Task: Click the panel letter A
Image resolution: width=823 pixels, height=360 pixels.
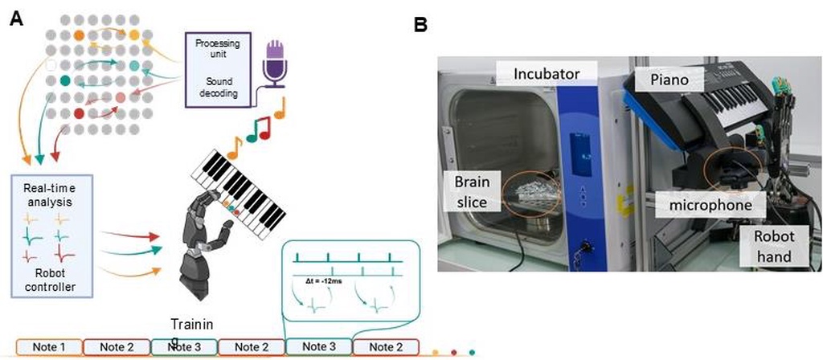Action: pyautogui.click(x=16, y=19)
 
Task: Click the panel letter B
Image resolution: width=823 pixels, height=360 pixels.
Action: pyautogui.click(x=420, y=25)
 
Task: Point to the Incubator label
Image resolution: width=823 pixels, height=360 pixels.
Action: pyautogui.click(x=546, y=73)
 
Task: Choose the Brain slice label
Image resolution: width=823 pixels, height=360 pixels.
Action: pyautogui.click(x=471, y=192)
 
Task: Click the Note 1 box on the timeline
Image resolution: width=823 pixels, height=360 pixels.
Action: pyautogui.click(x=49, y=347)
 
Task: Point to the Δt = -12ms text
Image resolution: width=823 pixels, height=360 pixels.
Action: pyautogui.click(x=324, y=282)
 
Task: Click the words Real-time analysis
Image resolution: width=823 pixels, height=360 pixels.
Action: pyautogui.click(x=51, y=194)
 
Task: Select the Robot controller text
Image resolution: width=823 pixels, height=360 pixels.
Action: pyautogui.click(x=51, y=280)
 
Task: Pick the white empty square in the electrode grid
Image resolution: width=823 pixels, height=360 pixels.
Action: pyautogui.click(x=51, y=66)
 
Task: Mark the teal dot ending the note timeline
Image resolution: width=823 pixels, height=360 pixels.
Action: pyautogui.click(x=472, y=352)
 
